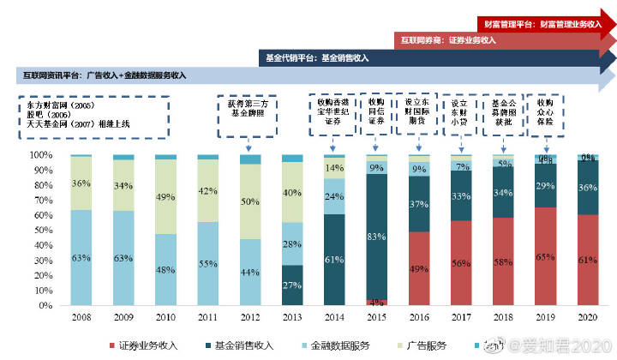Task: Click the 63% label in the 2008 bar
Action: click(x=81, y=256)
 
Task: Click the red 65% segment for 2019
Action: click(x=545, y=256)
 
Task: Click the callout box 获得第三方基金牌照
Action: click(x=248, y=111)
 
